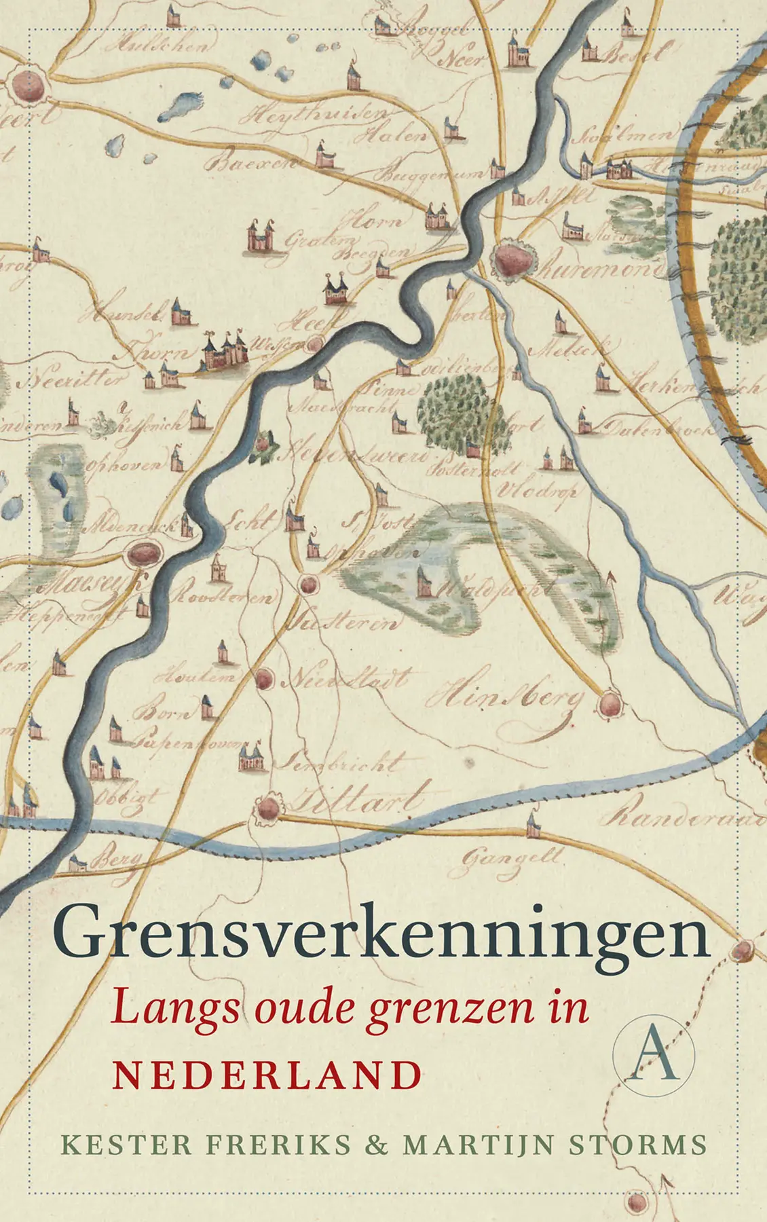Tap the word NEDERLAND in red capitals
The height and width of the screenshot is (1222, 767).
[x=267, y=1074]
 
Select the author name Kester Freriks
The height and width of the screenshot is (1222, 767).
[x=206, y=1144]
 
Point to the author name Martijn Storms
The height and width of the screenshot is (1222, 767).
[x=555, y=1144]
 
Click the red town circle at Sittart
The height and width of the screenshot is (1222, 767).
[x=268, y=808]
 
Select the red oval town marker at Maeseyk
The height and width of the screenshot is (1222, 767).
[x=145, y=554]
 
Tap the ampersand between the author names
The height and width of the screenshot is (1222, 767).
[x=377, y=1145]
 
